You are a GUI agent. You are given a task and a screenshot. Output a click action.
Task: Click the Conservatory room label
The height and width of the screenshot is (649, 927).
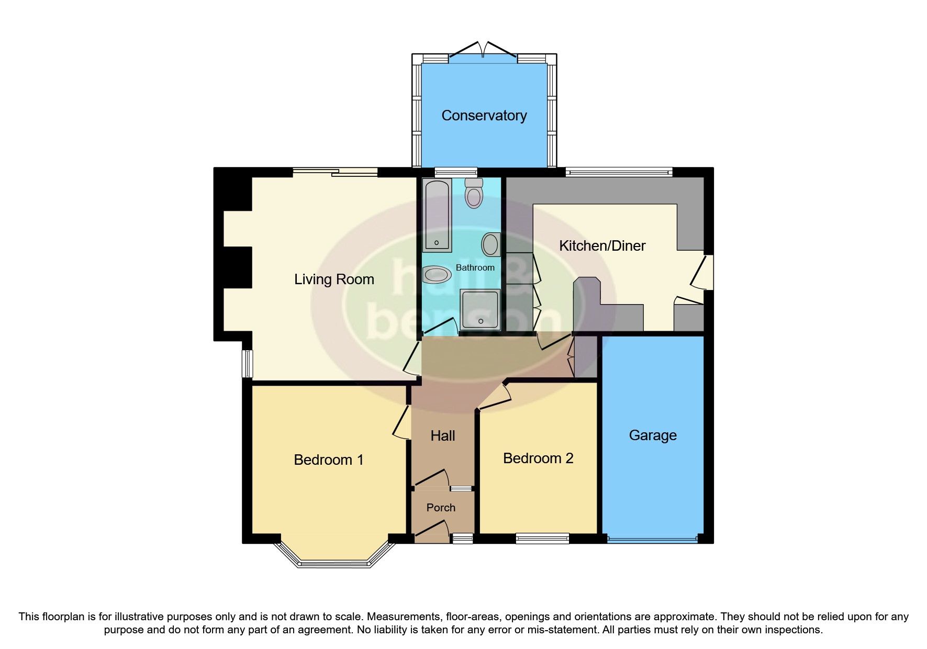(x=484, y=116)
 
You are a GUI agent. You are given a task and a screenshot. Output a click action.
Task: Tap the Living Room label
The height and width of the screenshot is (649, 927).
(x=334, y=279)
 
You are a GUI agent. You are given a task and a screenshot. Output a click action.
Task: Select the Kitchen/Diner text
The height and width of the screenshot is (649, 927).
(x=602, y=246)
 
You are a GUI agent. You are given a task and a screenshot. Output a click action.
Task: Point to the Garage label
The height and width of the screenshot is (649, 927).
(x=652, y=435)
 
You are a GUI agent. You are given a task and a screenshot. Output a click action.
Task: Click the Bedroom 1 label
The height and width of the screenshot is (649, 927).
(x=328, y=460)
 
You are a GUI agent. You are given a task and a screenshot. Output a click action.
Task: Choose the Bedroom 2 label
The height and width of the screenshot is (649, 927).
(x=538, y=458)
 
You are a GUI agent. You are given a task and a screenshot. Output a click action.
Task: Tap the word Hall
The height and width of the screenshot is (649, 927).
(x=442, y=436)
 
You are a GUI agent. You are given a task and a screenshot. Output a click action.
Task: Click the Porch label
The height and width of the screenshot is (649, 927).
(x=441, y=508)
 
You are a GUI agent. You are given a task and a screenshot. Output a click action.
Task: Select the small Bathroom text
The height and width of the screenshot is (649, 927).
(x=475, y=267)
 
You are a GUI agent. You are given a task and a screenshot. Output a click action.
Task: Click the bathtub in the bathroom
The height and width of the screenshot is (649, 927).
(x=437, y=215)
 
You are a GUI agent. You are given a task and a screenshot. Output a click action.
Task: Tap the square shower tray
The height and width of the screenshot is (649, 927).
(x=480, y=310)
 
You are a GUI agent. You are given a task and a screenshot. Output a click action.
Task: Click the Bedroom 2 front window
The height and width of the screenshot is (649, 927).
(x=542, y=538)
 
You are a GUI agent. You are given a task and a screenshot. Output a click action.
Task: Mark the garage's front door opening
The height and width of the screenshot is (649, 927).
(x=652, y=538)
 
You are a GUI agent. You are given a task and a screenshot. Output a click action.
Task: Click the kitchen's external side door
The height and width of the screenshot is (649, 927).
(x=703, y=272)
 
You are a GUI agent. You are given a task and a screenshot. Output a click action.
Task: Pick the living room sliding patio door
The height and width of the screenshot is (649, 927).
(x=335, y=172)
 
